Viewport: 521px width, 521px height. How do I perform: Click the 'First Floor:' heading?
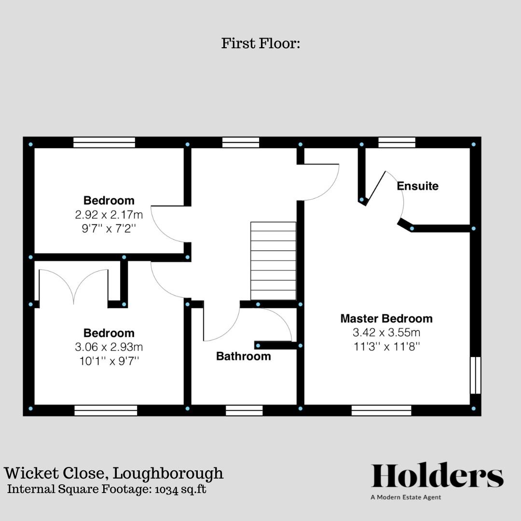pyautogui.click(x=260, y=43)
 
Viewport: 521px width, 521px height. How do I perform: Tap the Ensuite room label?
pyautogui.click(x=417, y=186)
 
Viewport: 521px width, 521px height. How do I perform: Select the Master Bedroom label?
pyautogui.click(x=386, y=318)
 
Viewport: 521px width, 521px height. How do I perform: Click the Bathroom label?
pyautogui.click(x=243, y=356)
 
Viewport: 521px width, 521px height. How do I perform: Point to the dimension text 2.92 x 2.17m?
pyautogui.click(x=109, y=214)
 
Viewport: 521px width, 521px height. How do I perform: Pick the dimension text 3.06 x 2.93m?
pyautogui.click(x=109, y=347)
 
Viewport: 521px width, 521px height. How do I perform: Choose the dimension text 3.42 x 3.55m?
pyautogui.click(x=386, y=332)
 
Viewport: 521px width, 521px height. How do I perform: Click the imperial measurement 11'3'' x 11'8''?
pyautogui.click(x=386, y=346)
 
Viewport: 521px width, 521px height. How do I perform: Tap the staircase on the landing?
pyautogui.click(x=273, y=261)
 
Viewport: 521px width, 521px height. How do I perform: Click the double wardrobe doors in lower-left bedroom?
pyautogui.click(x=73, y=287)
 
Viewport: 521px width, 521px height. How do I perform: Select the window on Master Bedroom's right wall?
pyautogui.click(x=475, y=375)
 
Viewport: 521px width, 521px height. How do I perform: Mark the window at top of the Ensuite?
pyautogui.click(x=397, y=142)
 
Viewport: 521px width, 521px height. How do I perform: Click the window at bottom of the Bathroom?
pyautogui.click(x=244, y=410)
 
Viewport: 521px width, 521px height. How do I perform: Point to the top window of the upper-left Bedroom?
pyautogui.click(x=104, y=142)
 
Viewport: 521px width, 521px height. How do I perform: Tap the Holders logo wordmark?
pyautogui.click(x=437, y=476)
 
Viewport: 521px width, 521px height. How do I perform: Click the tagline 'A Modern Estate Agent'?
pyautogui.click(x=405, y=497)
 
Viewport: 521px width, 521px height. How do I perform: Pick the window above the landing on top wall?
pyautogui.click(x=240, y=142)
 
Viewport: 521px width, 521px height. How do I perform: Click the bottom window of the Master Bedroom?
pyautogui.click(x=381, y=410)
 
